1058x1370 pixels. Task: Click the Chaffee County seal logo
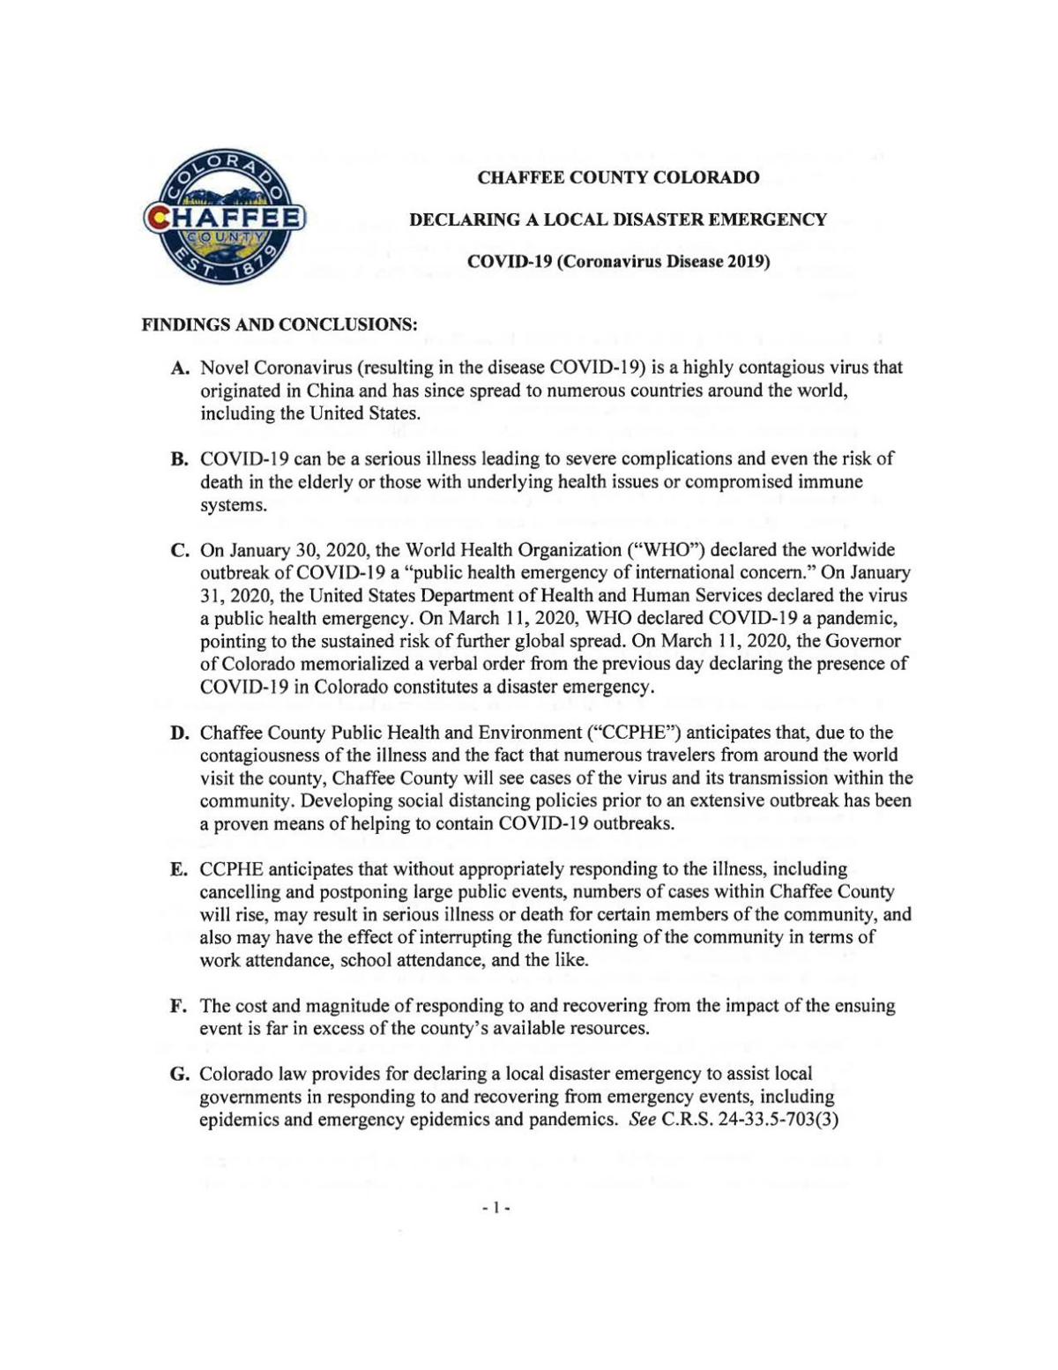pos(224,217)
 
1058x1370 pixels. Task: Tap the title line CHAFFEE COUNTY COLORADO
pos(618,177)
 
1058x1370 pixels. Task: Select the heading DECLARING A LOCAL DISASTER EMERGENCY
pos(618,220)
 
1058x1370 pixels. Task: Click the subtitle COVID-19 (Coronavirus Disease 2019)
pos(618,262)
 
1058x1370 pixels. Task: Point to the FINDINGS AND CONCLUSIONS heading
pos(279,324)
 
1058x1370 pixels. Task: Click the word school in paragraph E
pos(365,960)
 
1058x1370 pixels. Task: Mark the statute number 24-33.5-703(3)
pos(777,1121)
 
